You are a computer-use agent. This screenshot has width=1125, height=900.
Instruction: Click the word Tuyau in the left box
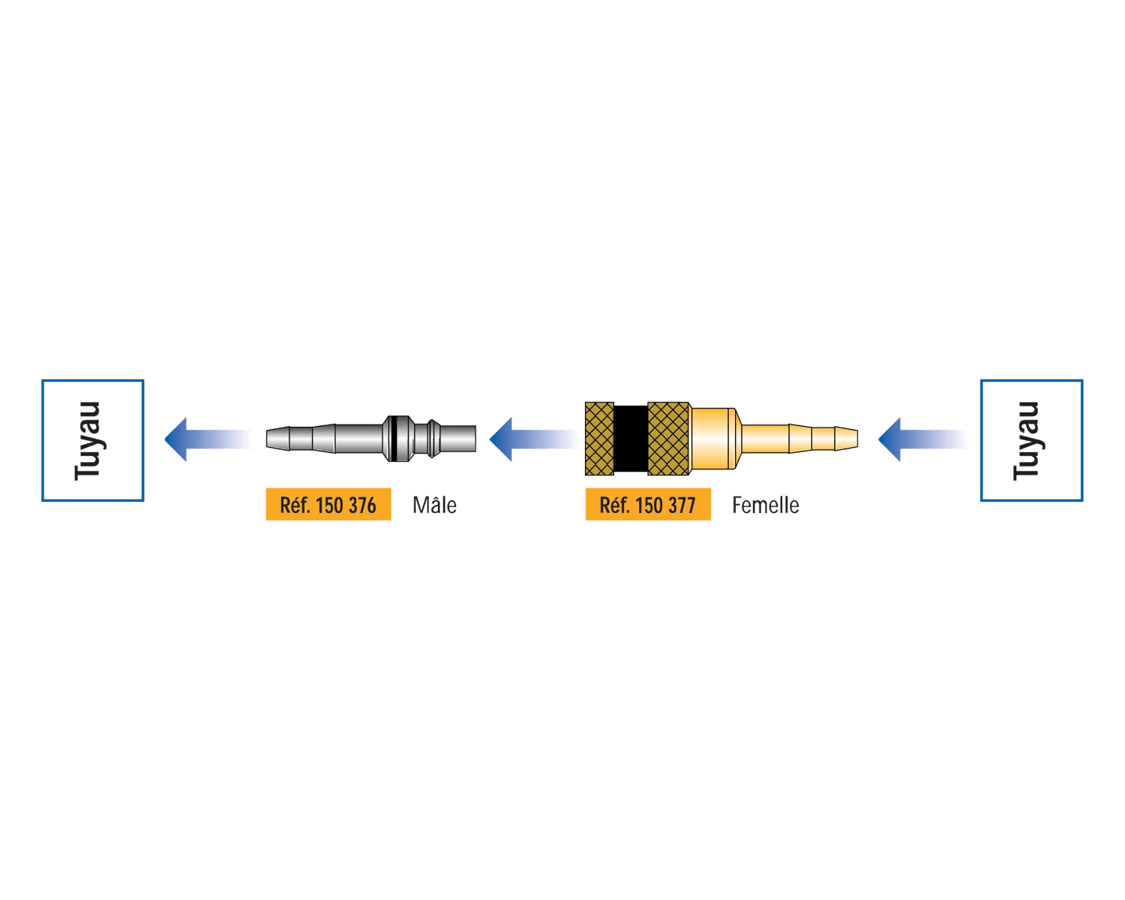click(87, 440)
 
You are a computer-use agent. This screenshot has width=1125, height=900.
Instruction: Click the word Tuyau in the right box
click(1026, 440)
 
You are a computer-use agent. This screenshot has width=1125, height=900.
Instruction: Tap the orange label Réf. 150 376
click(328, 504)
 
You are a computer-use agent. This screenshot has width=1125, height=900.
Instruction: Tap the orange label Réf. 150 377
click(648, 504)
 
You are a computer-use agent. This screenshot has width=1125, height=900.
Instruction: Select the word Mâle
click(434, 505)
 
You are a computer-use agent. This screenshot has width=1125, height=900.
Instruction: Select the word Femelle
click(765, 505)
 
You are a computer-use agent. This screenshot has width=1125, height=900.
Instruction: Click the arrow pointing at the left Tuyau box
click(209, 439)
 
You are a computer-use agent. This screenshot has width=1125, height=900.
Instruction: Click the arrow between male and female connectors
click(534, 439)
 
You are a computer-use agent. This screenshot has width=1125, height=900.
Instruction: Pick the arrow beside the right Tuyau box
click(923, 439)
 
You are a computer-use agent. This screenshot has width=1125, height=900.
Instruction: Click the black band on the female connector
click(631, 439)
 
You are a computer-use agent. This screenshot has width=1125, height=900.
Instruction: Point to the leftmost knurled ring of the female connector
click(599, 439)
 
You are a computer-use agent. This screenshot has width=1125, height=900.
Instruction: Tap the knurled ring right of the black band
click(668, 439)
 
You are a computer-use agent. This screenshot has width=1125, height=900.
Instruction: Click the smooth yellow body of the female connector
click(713, 439)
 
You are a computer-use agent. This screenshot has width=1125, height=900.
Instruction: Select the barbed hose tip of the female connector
click(823, 439)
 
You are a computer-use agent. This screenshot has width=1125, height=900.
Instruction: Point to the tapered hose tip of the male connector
click(301, 439)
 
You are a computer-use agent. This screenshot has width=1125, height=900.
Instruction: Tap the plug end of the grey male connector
click(458, 439)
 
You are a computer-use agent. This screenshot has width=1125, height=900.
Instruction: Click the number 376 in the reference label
click(362, 505)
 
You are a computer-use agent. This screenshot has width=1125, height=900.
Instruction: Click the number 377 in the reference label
click(682, 505)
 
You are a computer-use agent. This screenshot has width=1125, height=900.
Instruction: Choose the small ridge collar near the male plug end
click(433, 439)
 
